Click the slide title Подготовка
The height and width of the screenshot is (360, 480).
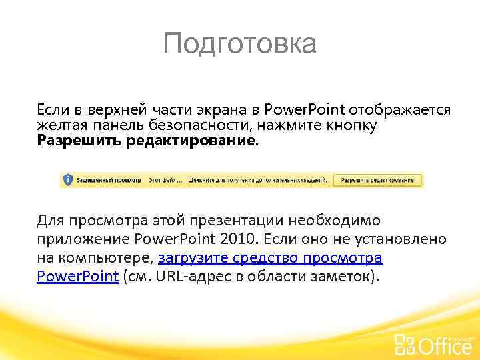pos(240,45)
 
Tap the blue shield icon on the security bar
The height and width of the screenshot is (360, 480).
pos(67,179)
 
